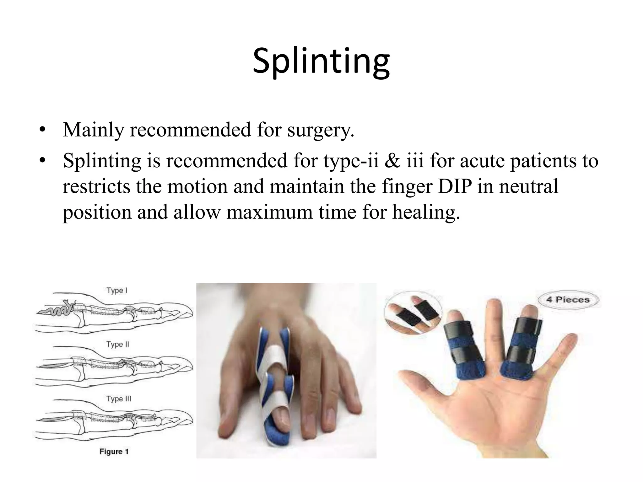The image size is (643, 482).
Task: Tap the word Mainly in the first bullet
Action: [93, 130]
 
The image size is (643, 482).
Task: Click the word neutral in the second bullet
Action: [529, 186]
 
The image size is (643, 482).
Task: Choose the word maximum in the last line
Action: [269, 212]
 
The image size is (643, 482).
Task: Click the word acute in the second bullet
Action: [483, 161]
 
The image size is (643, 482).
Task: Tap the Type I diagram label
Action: [117, 290]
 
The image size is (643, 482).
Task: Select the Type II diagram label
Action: [118, 344]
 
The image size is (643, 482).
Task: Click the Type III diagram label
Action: [119, 399]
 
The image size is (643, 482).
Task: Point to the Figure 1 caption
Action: [114, 452]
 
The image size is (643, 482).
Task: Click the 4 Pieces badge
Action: [568, 299]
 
